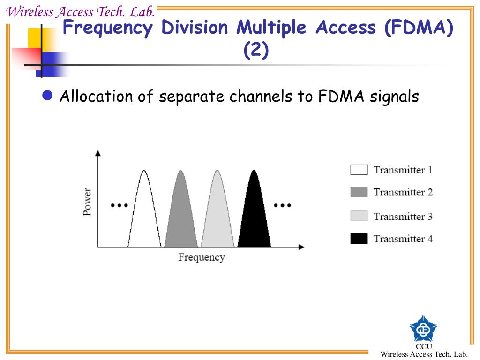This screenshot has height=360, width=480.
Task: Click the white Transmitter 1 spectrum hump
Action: pos(144,216)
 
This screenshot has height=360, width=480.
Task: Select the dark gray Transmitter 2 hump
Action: pos(181,216)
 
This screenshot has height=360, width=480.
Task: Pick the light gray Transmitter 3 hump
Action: pos(217,216)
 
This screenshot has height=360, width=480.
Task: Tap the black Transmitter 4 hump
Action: pos(254,216)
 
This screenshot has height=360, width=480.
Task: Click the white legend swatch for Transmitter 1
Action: pos(359,170)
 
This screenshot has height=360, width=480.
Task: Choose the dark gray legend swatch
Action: pos(359,192)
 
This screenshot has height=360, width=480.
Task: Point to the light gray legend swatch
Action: pos(359,216)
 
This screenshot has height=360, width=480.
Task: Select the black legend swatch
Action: pos(359,239)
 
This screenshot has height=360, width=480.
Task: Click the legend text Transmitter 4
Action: pos(403,239)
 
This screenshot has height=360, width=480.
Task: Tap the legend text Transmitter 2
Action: pos(403,192)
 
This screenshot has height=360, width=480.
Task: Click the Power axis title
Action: pos(87,202)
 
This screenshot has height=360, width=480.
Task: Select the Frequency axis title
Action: pos(202,257)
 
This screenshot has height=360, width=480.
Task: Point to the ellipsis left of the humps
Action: pos(119,205)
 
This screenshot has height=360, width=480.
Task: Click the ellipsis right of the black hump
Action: pos(282,205)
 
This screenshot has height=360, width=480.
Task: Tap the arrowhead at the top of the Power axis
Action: pos(98,153)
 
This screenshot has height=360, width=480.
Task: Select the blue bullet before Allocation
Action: pos(47,96)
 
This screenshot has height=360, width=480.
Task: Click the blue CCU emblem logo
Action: pos(423,329)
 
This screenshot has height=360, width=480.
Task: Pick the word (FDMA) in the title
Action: pos(419,28)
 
